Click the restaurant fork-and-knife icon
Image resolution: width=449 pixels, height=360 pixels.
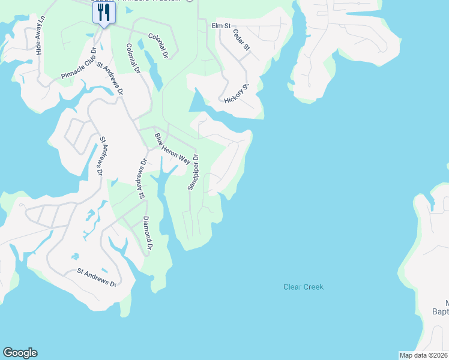click(x=104, y=13)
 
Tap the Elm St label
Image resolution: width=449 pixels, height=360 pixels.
click(x=221, y=26)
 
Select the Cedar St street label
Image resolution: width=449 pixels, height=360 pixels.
click(x=241, y=40)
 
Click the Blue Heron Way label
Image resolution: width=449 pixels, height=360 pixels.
click(x=172, y=149)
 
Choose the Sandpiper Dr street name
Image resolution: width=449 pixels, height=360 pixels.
click(x=193, y=171)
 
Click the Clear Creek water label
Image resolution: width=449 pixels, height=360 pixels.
click(x=303, y=287)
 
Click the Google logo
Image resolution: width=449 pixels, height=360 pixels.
click(x=20, y=353)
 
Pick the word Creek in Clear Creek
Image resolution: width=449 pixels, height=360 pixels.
click(x=313, y=287)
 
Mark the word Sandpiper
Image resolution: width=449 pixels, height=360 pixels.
click(x=192, y=175)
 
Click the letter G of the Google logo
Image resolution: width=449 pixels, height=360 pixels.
click(x=8, y=353)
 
